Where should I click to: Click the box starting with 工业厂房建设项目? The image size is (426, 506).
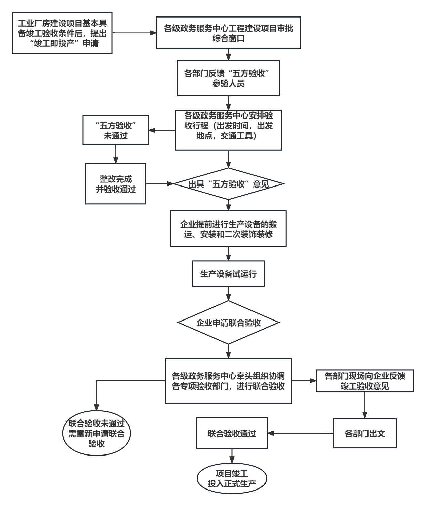coord(62,33)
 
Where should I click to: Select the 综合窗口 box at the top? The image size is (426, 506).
coord(228,33)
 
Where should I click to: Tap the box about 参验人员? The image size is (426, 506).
coord(228,78)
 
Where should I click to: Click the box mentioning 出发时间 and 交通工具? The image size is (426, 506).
coord(228,130)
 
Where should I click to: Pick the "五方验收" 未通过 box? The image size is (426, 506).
coord(116,130)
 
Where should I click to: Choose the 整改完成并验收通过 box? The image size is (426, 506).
coord(116,183)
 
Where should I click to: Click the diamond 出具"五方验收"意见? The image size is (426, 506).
coord(228,184)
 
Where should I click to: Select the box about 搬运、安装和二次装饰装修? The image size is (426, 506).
coord(228,229)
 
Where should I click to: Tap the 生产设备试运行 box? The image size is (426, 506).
coord(228,273)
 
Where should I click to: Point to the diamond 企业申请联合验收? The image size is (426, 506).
coord(228,323)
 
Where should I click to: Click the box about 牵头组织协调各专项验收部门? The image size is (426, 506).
coord(228,380)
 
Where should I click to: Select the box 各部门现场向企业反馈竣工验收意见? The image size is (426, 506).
coord(365,381)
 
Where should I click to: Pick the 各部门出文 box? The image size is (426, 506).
coord(365,433)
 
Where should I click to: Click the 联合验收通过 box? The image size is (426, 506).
coord(232,433)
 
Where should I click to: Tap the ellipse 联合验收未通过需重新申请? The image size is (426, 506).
coord(96,433)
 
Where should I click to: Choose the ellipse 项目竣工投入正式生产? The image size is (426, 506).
coord(232,479)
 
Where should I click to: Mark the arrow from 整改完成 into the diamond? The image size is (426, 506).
coord(159,184)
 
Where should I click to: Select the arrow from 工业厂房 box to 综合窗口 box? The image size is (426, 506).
coord(134,33)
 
